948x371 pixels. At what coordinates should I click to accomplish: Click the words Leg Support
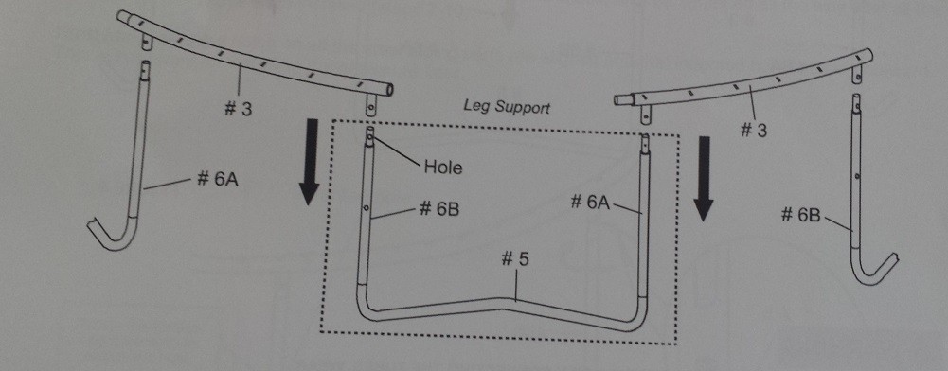point(507,108)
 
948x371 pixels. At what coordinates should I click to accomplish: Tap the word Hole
point(442,167)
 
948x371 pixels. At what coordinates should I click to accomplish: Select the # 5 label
point(515,259)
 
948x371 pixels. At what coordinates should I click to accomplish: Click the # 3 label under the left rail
point(238,110)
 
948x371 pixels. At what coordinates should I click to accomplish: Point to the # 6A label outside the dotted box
point(217,180)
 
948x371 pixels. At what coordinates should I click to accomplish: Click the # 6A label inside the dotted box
point(591,202)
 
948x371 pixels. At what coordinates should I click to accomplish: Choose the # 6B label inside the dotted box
point(438,209)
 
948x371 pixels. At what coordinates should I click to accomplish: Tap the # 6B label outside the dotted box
point(801,213)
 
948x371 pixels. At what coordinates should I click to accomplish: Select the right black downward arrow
point(703,179)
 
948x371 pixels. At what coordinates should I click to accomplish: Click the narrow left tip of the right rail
point(617,99)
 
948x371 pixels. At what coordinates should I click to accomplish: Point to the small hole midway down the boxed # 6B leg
point(367,208)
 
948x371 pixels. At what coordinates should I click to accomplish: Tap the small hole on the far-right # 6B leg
point(858,177)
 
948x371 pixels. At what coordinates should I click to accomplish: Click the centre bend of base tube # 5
point(503,304)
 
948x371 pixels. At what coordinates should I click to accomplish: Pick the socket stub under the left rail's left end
point(147,43)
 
